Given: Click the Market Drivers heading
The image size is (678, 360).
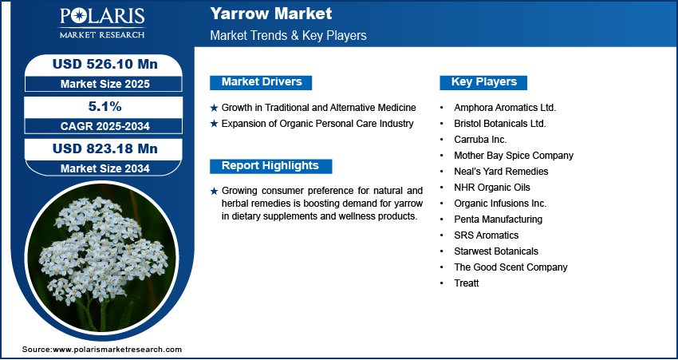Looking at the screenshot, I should click(261, 82).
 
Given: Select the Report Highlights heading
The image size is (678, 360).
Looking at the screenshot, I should click(270, 166).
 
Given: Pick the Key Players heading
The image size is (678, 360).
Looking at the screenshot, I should click(483, 82).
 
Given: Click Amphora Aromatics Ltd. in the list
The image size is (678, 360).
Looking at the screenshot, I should click(504, 107).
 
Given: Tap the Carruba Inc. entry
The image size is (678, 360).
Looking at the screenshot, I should click(480, 139).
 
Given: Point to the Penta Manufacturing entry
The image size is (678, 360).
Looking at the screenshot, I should click(498, 219).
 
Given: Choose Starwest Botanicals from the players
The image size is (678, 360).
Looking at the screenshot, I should click(496, 251).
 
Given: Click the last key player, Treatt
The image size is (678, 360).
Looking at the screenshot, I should click(466, 283).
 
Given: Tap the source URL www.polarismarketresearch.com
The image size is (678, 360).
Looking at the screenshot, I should click(117, 350).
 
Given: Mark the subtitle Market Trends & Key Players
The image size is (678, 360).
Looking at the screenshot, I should click(288, 36).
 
